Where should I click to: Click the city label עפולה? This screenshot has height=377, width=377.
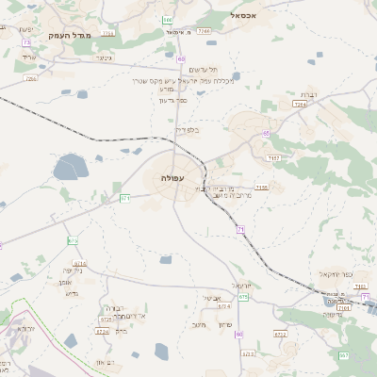pos(172,177)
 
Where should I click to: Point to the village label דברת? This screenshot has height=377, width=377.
pos(307,94)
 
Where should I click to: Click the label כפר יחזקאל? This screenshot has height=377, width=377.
pos(335,274)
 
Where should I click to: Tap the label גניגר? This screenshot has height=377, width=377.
pos(104,58)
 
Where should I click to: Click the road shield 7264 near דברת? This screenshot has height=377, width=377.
pos(300,105)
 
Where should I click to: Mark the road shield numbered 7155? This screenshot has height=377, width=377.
pos(261,188)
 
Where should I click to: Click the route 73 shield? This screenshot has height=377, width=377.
pos(26,42)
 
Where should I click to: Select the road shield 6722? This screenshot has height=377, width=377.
pos(279,333)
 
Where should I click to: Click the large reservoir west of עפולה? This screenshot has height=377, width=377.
pos(70,169)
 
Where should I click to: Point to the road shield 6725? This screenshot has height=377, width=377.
pos(107,320)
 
